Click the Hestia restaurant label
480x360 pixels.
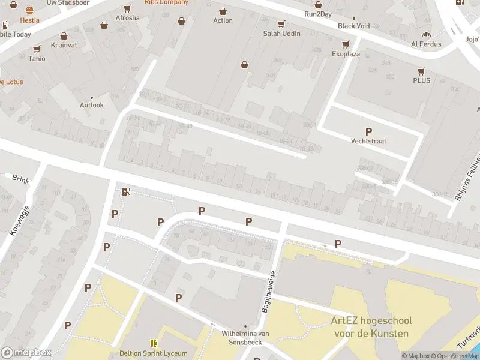click(x=29, y=20)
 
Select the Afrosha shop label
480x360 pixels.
click(x=127, y=18)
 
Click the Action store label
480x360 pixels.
click(x=223, y=20)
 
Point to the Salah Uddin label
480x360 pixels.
click(x=281, y=33)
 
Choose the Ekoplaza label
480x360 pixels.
click(x=346, y=53)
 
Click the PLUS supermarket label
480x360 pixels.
click(x=421, y=80)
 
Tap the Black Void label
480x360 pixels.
click(x=354, y=26)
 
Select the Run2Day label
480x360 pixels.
click(x=317, y=14)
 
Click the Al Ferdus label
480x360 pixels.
click(x=426, y=44)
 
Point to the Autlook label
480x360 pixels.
click(x=92, y=105)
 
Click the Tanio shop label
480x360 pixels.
click(x=37, y=58)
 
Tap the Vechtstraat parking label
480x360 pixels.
click(x=368, y=141)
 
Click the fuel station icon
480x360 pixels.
click(x=126, y=191)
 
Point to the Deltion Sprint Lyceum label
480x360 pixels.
click(x=154, y=353)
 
